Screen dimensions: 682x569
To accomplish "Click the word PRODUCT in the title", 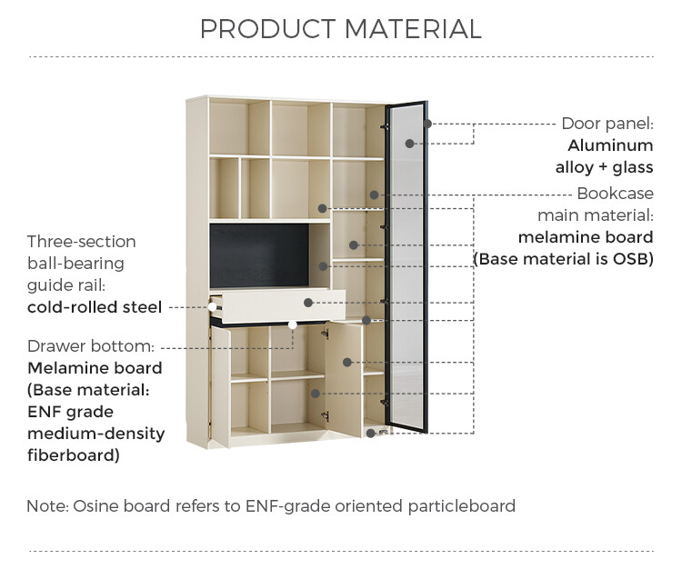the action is (x=267, y=29).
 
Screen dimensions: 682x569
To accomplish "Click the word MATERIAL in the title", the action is (x=413, y=29).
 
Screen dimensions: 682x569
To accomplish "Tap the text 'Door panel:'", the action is (x=607, y=124).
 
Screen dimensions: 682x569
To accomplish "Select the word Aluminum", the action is (x=610, y=145).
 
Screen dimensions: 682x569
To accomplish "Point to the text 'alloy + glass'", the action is (x=604, y=167).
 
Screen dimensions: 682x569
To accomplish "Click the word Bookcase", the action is (x=615, y=194).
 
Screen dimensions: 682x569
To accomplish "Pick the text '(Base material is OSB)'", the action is (x=563, y=259).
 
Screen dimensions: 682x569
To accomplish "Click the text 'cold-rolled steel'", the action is (x=95, y=307).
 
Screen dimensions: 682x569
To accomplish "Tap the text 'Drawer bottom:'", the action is (x=91, y=346).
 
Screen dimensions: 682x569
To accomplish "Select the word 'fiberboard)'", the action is (x=74, y=455).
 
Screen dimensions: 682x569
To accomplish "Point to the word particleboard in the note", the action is (x=461, y=507).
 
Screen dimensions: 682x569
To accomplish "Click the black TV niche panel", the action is (x=259, y=255).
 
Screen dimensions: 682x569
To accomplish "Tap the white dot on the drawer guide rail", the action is (x=212, y=307).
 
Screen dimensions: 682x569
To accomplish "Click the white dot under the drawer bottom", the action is (x=292, y=324).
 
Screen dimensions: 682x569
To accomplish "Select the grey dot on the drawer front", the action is (x=308, y=303).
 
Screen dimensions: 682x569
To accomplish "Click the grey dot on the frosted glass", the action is (x=409, y=144).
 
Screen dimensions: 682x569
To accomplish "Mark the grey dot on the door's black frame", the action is (x=427, y=124).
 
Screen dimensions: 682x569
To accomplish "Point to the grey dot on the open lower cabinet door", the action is (x=347, y=362).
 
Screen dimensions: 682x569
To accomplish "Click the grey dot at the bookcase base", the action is (x=371, y=433).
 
